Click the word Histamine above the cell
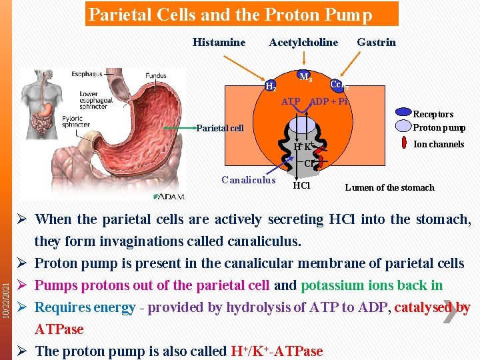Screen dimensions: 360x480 pyautogui.click(x=219, y=42)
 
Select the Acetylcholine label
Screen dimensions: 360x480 pyautogui.click(x=303, y=42)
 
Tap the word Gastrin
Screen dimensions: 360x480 pyautogui.click(x=376, y=42)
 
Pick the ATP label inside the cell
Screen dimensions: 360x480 pyautogui.click(x=291, y=102)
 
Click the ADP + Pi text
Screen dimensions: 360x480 pyautogui.click(x=329, y=102)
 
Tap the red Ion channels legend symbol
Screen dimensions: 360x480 pyautogui.click(x=403, y=143)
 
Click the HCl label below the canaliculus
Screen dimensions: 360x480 pyautogui.click(x=301, y=185)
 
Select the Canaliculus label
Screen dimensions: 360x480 pyautogui.click(x=248, y=179)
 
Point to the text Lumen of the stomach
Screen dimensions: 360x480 pyautogui.click(x=389, y=187)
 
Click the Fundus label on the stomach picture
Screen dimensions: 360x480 pyautogui.click(x=156, y=76)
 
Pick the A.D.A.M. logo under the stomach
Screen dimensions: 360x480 pyautogui.click(x=170, y=196)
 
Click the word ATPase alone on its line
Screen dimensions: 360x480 pyautogui.click(x=59, y=329)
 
